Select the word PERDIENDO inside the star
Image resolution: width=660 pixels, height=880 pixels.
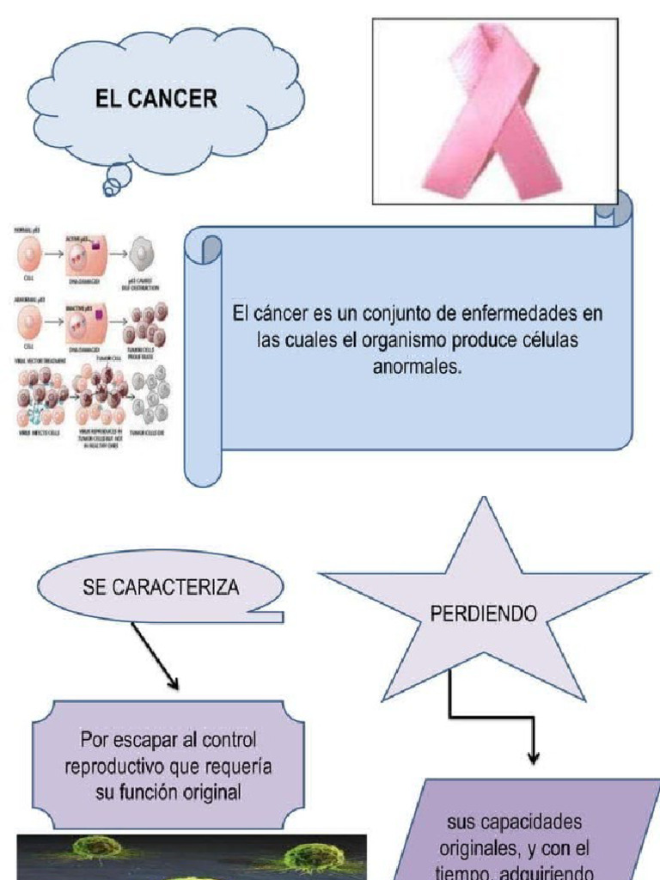coord(483,614)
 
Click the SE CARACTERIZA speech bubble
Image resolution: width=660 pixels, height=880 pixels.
coord(160,590)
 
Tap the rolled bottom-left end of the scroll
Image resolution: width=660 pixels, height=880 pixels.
coord(203,468)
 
